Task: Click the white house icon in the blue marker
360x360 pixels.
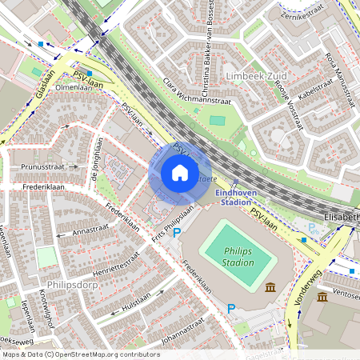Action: pos(180,173)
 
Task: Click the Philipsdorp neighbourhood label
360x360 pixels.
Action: pos(72,282)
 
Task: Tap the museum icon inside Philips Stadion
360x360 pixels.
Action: pos(270,287)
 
